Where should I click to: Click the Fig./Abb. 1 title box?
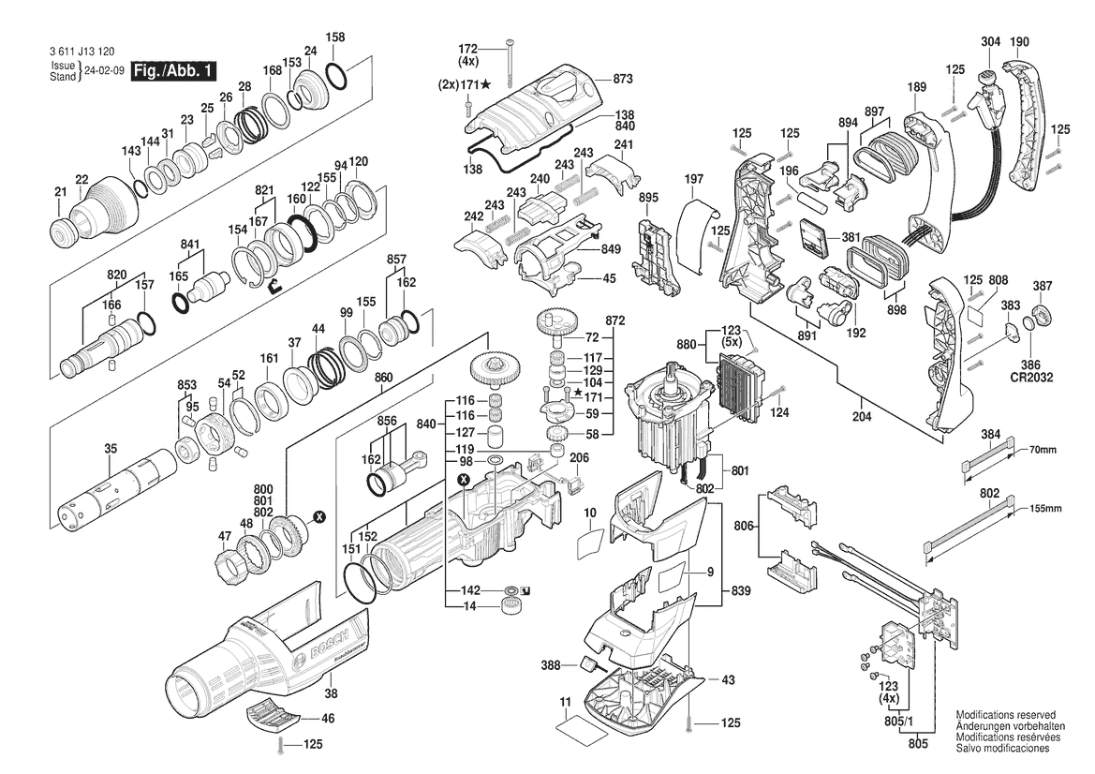(174, 70)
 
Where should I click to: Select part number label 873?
(625, 79)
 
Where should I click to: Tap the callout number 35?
(111, 449)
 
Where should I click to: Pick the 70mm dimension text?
(1043, 450)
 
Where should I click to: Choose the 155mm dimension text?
(1046, 508)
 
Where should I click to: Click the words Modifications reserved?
(1005, 714)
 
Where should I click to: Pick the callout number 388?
(551, 666)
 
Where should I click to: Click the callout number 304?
(990, 41)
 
